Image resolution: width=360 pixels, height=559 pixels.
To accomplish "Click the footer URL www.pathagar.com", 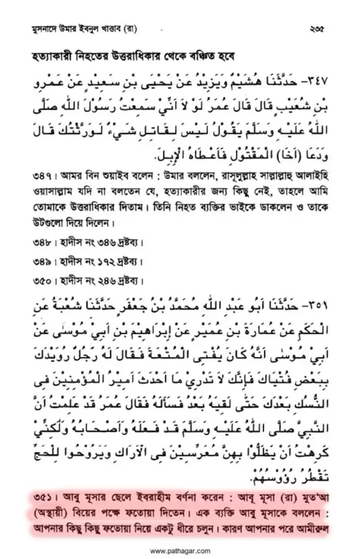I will [180, 549].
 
